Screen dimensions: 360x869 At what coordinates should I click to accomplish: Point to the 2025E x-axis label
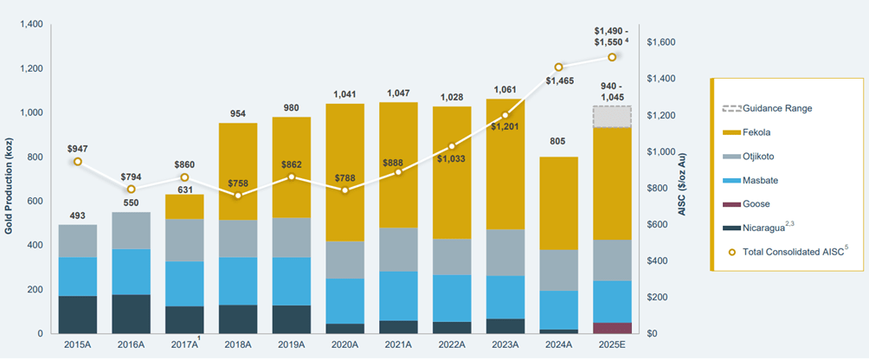(x=611, y=345)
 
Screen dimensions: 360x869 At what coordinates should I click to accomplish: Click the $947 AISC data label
(x=78, y=146)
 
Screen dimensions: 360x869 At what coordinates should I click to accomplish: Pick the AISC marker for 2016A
(x=131, y=189)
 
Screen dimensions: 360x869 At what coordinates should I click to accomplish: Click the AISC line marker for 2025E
(x=611, y=57)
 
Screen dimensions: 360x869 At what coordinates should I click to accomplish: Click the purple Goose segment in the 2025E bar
(x=611, y=328)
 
